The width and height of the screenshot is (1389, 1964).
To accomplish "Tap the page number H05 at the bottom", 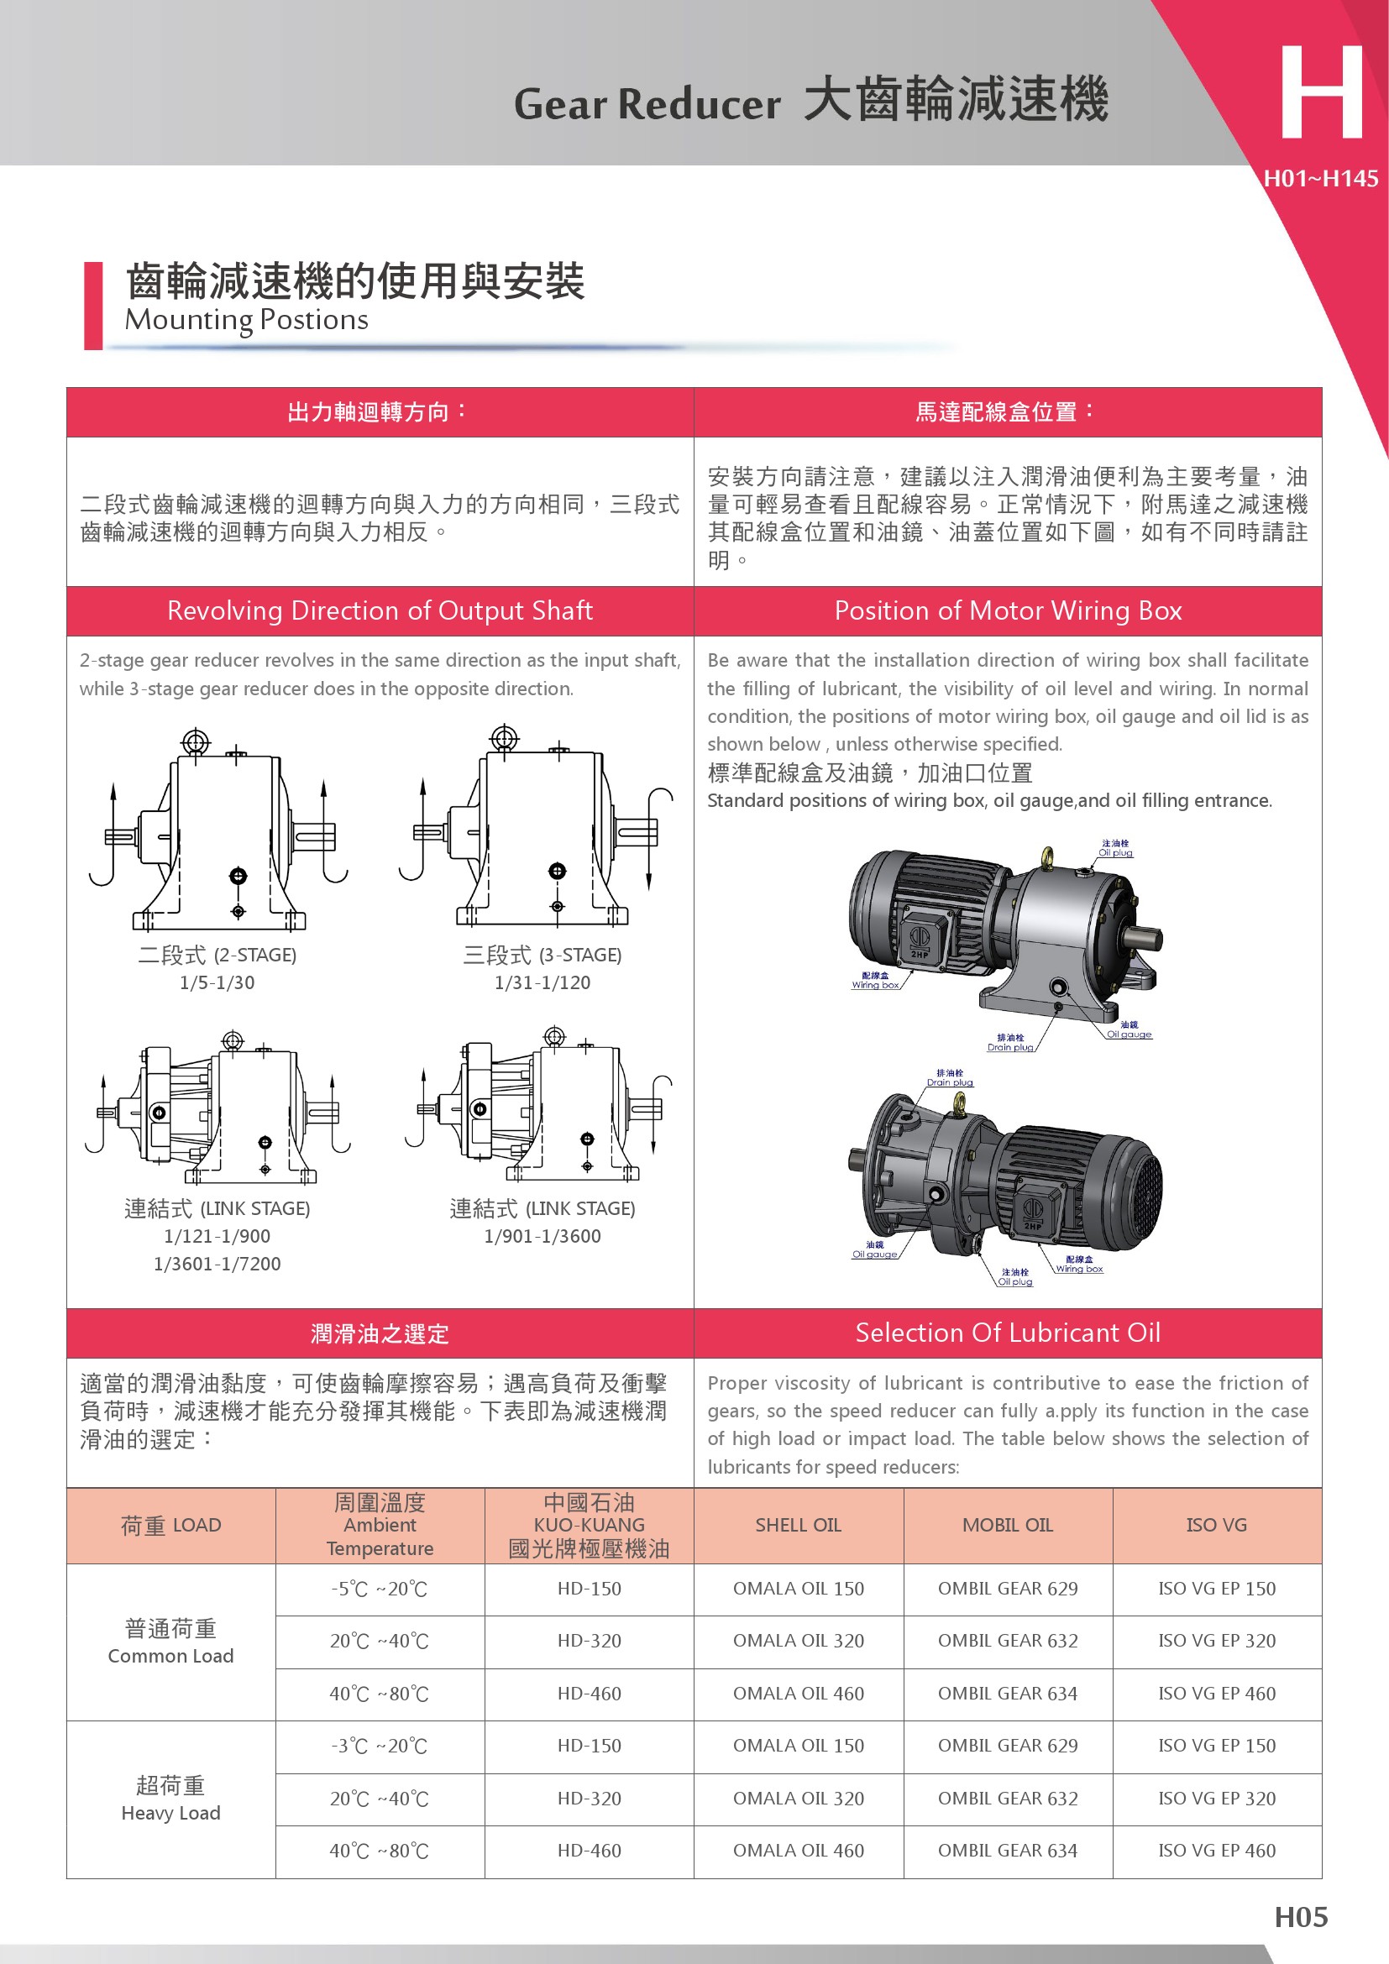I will coord(1300,1916).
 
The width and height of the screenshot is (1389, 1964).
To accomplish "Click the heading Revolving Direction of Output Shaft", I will coord(380,610).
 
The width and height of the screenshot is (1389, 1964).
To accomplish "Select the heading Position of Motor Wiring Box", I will coord(1008,610).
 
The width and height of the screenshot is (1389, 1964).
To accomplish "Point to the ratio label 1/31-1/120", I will coord(542,982).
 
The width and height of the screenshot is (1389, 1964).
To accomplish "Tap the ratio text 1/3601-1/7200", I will coord(218,1264).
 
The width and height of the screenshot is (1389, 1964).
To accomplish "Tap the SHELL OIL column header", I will coord(798,1525).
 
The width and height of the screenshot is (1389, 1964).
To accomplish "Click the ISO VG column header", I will coord(1216,1525).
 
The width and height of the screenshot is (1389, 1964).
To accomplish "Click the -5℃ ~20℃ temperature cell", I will coord(379,1590).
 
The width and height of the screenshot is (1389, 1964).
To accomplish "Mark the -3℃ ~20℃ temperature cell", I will coord(379,1746).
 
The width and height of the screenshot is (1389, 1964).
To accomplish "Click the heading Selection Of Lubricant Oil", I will coord(1008,1333).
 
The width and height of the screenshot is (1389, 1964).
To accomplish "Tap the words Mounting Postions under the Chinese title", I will coord(246,320).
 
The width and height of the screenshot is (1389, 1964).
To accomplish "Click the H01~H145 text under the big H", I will coord(1321,179).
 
